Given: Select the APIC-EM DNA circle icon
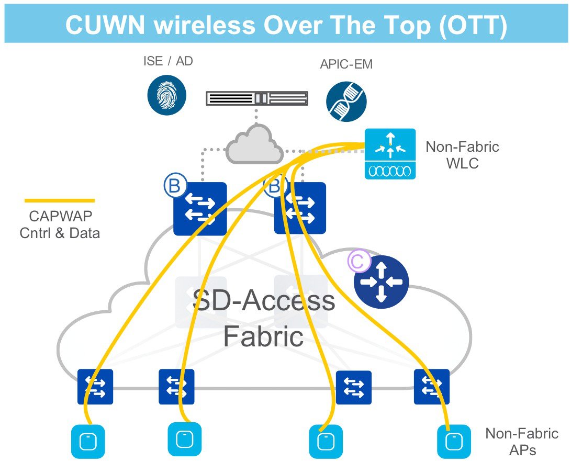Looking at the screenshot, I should pyautogui.click(x=346, y=101).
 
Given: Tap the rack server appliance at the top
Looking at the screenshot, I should pyautogui.click(x=256, y=98).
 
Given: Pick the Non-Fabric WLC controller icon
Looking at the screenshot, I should pyautogui.click(x=390, y=154).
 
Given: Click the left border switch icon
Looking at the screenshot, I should pyautogui.click(x=200, y=208).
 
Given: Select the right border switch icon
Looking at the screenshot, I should pyautogui.click(x=300, y=208).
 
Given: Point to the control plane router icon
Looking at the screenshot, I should pyautogui.click(x=381, y=282).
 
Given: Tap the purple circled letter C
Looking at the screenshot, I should pyautogui.click(x=359, y=263).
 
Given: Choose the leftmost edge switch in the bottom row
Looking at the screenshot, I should pyautogui.click(x=95, y=387).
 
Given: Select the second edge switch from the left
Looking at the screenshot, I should pyautogui.click(x=176, y=387).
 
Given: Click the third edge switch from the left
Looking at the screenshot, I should pyautogui.click(x=354, y=388).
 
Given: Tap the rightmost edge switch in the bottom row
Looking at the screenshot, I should pyautogui.click(x=431, y=387).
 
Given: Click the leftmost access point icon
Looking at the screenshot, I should pyautogui.click(x=87, y=441).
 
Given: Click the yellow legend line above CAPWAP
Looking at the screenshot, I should pyautogui.click(x=60, y=200).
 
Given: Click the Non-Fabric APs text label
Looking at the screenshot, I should pyautogui.click(x=521, y=441).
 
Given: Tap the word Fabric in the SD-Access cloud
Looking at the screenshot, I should pyautogui.click(x=263, y=336).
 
